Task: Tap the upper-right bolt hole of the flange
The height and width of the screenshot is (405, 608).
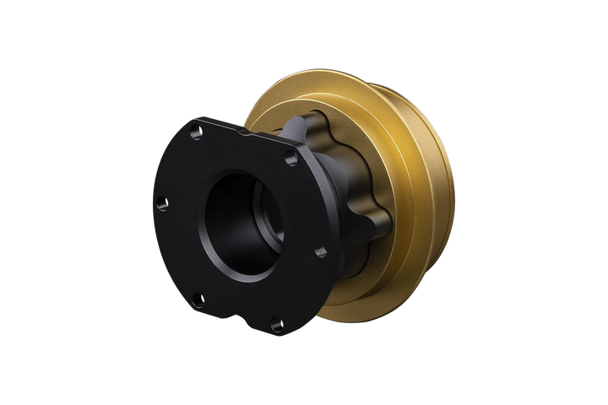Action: point(291,159)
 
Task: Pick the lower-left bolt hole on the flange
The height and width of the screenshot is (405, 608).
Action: point(197,297)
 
